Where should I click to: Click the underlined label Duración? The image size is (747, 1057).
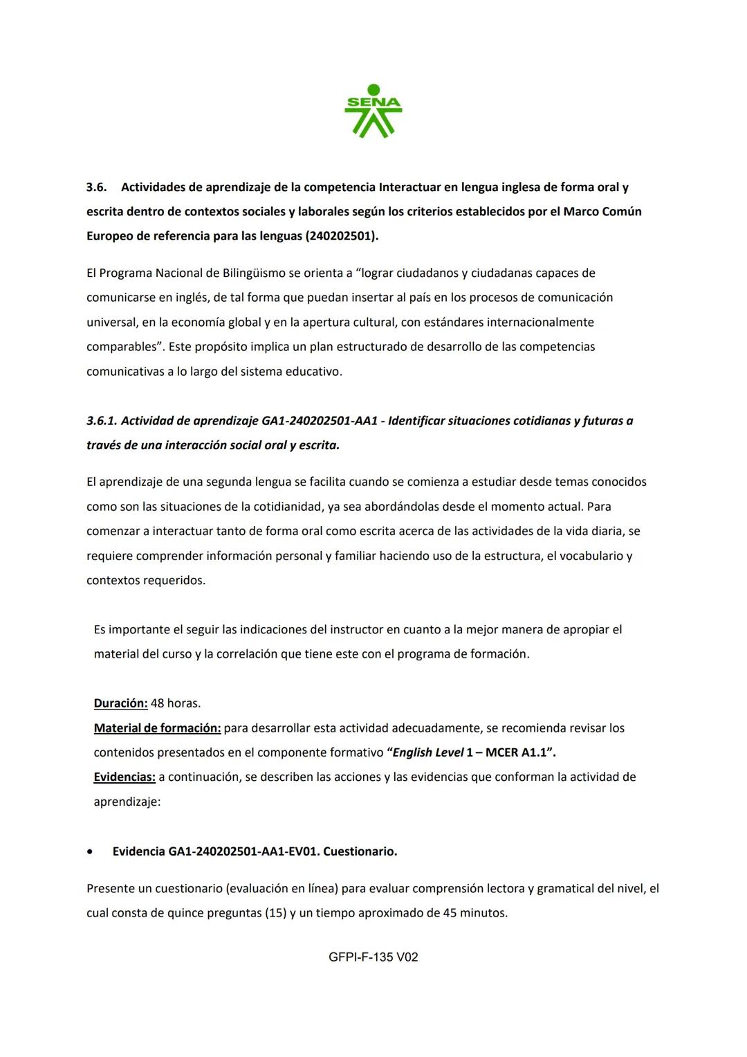point(120,703)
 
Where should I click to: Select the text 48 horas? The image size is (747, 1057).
point(176,703)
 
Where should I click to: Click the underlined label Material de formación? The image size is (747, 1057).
point(157,728)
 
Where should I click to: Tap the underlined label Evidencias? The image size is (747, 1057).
point(124,777)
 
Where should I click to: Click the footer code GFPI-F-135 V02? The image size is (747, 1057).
point(373,957)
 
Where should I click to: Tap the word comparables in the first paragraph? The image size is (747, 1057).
point(122,347)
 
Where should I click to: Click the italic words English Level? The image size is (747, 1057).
point(428,752)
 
